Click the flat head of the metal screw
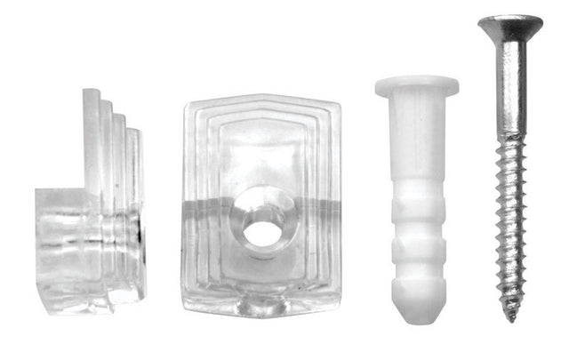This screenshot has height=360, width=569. (x=509, y=21)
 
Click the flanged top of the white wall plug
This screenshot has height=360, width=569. (x=416, y=87)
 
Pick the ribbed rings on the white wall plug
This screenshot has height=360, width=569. (x=416, y=244)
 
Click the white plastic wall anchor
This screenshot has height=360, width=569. (x=416, y=196)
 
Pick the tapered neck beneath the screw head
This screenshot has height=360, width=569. (x=509, y=40)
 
